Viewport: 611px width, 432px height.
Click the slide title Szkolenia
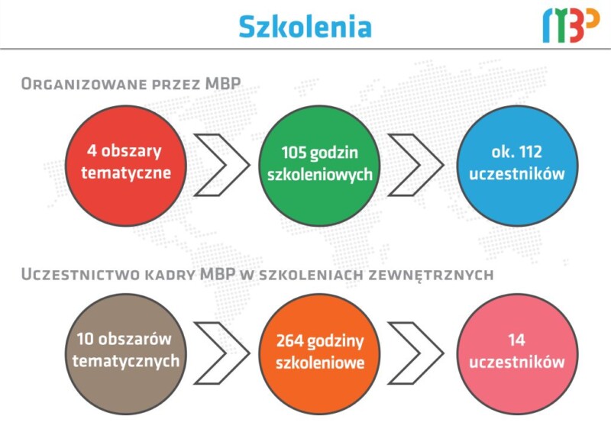click(x=305, y=27)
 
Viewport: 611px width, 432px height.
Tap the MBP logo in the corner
click(x=571, y=26)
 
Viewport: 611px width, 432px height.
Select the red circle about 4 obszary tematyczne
click(x=126, y=166)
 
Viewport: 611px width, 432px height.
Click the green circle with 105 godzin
click(x=319, y=166)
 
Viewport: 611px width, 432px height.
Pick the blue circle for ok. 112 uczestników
click(x=517, y=166)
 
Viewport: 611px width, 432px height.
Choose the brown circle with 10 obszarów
click(x=126, y=353)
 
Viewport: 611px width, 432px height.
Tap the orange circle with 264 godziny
click(x=319, y=353)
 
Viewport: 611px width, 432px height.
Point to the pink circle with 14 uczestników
click(x=517, y=353)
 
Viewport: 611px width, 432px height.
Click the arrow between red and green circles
click(x=238, y=165)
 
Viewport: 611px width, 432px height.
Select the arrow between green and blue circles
click(x=432, y=165)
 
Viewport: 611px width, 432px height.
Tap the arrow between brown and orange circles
click(x=238, y=353)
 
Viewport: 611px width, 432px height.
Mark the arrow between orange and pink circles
click(x=432, y=353)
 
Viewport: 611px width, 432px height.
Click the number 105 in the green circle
click(x=294, y=153)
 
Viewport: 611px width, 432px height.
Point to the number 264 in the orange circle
click(x=290, y=341)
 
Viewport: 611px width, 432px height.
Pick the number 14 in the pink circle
click(x=517, y=340)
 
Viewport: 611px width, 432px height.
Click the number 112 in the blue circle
click(x=530, y=152)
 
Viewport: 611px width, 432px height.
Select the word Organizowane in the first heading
click(x=84, y=84)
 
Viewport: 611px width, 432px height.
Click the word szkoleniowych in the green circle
click(x=320, y=175)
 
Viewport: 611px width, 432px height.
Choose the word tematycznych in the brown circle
click(x=126, y=362)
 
